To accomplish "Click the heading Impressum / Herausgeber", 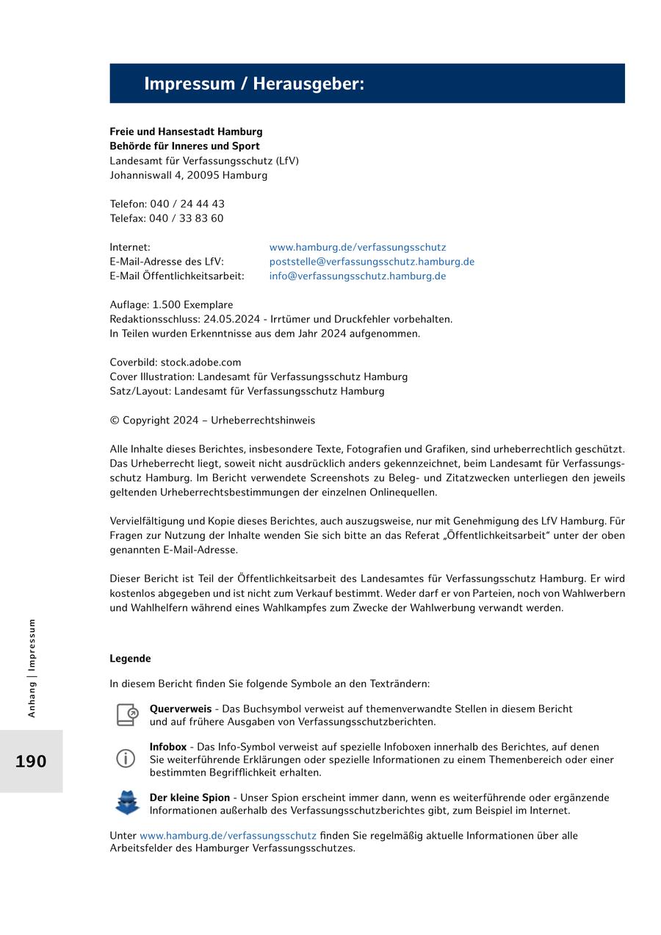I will (x=253, y=84).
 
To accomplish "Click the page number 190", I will (x=31, y=762).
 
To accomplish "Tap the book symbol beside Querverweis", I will (x=127, y=714).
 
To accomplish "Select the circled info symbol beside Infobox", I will (x=126, y=759).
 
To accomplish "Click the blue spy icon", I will (x=127, y=803).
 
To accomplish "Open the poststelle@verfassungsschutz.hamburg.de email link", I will (x=372, y=262).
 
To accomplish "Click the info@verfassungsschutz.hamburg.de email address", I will (x=357, y=276).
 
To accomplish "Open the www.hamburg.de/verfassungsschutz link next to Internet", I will (x=357, y=248).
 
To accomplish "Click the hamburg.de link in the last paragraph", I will (x=228, y=836).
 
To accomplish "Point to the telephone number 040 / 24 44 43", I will (x=187, y=204).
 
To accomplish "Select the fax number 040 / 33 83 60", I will (x=187, y=218).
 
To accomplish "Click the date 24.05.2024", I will (x=234, y=319).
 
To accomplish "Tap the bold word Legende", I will (x=130, y=659).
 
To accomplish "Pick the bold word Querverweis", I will (x=180, y=709).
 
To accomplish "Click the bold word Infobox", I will (x=168, y=747).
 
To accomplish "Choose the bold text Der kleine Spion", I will (x=189, y=798).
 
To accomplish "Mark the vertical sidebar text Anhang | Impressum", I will (x=32, y=667).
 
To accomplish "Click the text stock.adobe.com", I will (x=201, y=362).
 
